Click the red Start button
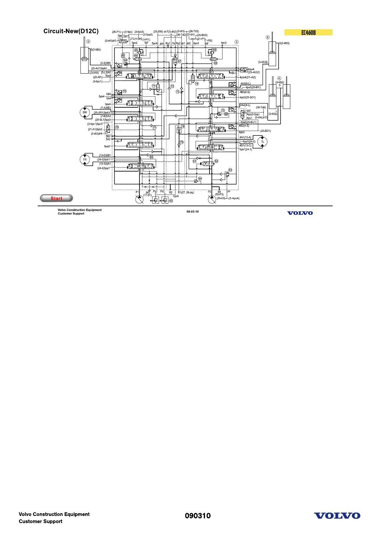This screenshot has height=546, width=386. [x=56, y=198]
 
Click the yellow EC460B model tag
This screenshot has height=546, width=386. [x=308, y=32]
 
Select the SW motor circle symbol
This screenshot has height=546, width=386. [x=85, y=113]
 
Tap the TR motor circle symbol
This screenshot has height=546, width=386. [x=85, y=160]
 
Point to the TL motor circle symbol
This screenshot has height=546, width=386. [x=262, y=142]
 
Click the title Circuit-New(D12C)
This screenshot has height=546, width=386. [x=71, y=31]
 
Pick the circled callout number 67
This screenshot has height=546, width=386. [x=179, y=61]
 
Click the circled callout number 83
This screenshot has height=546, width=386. [x=230, y=170]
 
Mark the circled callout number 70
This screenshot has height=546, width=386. [x=125, y=91]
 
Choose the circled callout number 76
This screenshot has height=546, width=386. [x=117, y=127]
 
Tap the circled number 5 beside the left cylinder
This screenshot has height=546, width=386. [x=88, y=42]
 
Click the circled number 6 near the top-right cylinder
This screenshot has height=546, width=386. [x=268, y=37]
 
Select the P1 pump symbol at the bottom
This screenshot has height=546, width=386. [x=139, y=199]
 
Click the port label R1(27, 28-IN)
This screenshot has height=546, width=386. [x=186, y=193]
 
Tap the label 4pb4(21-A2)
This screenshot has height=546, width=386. [x=247, y=77]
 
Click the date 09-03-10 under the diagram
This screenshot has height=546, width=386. [x=193, y=212]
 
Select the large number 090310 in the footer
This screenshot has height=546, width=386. [x=198, y=516]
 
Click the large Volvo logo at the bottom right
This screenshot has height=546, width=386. [x=337, y=516]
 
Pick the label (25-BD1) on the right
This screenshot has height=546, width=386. [x=265, y=131]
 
